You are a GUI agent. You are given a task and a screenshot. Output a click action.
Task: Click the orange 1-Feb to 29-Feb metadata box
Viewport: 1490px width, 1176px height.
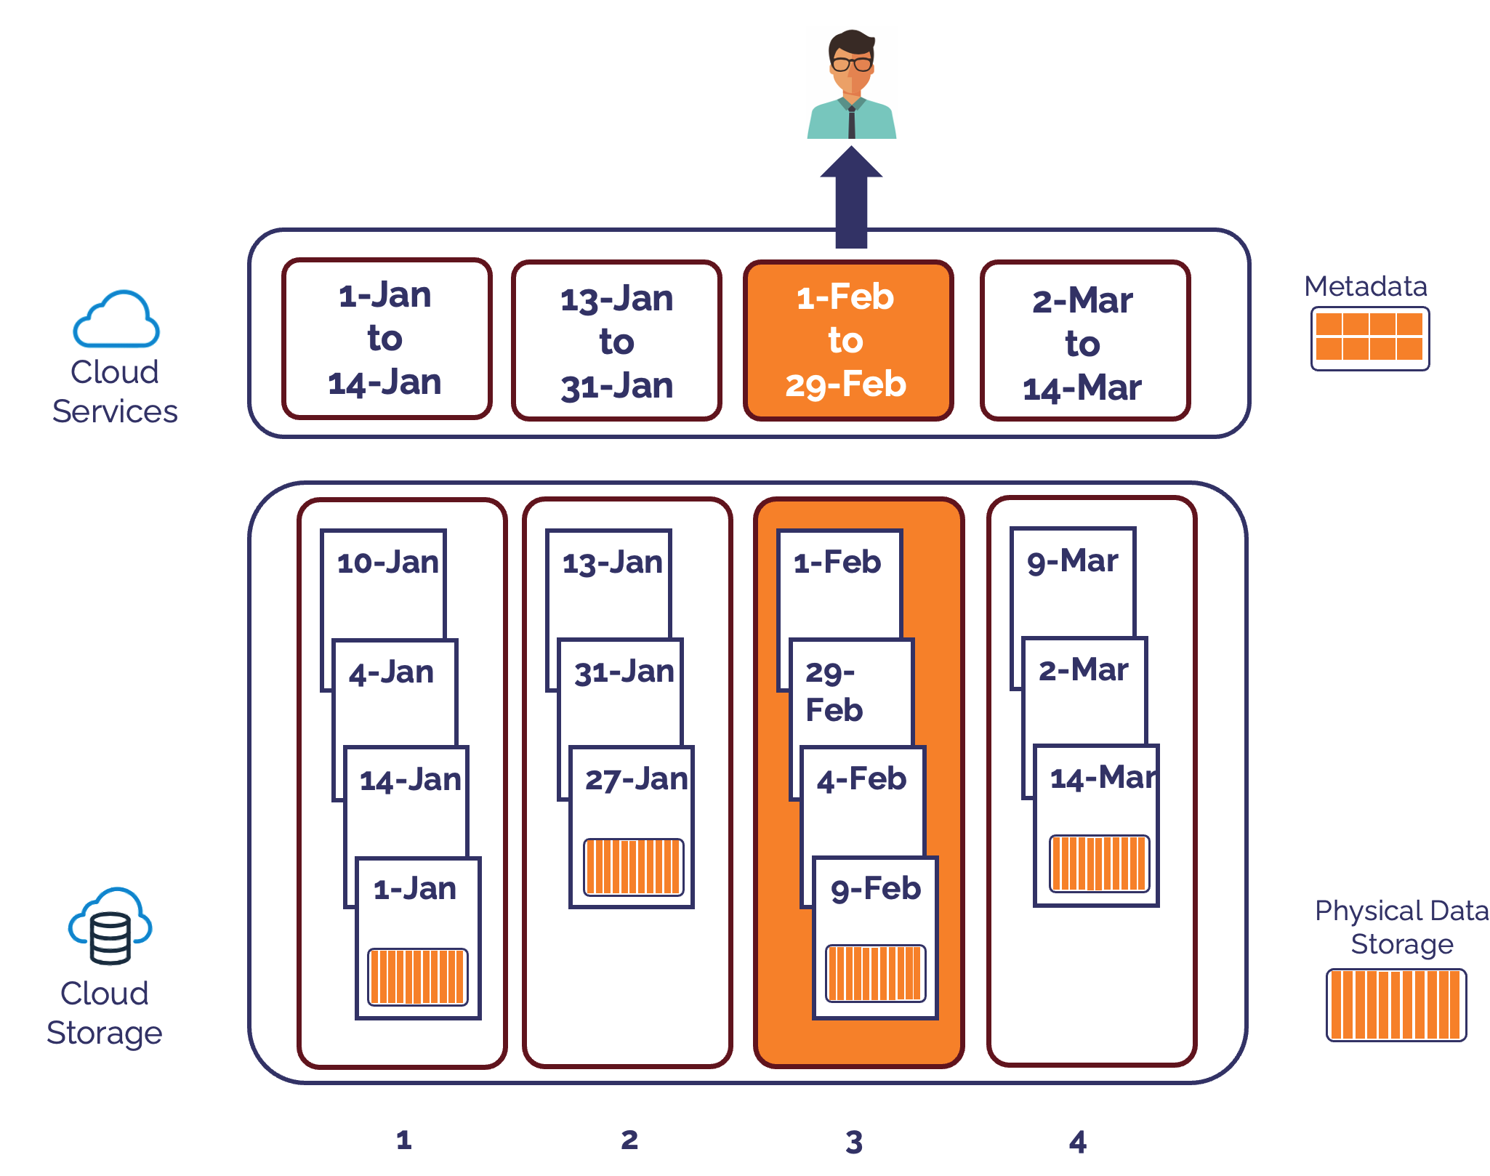pos(847,340)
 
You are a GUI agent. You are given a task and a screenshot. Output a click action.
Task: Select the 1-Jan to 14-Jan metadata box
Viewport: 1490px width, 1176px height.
pos(386,339)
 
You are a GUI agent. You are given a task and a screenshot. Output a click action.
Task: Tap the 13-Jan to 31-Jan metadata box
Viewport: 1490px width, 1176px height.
pos(616,341)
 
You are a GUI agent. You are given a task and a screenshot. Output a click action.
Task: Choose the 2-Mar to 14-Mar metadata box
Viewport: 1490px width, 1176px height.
pos(1084,342)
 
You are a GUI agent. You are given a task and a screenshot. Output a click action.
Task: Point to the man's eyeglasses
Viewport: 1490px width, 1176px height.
pos(852,64)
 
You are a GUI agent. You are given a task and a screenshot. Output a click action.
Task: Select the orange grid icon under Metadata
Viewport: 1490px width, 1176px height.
pos(1369,338)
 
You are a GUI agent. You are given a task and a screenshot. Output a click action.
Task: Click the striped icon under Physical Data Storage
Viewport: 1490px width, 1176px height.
pos(1396,1004)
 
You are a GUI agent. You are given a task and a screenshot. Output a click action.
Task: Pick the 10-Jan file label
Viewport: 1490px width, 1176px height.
pos(387,563)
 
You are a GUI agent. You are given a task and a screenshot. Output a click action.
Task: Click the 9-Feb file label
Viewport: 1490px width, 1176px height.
pos(876,889)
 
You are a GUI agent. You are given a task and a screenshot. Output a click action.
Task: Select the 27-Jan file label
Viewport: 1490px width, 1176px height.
pos(635,779)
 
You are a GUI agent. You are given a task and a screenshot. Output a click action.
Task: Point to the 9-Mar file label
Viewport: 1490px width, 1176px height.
pos(1072,561)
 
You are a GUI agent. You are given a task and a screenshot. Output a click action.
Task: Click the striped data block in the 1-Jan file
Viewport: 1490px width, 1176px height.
pos(417,976)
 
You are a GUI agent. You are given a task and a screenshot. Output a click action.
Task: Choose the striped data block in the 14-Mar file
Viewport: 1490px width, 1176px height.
pos(1098,863)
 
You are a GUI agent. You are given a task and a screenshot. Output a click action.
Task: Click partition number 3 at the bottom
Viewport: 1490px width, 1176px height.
pos(854,1142)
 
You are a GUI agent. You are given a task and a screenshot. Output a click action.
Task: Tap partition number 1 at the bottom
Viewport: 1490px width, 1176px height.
pos(404,1140)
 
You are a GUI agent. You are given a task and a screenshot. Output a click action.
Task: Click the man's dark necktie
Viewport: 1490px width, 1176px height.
pos(852,123)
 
